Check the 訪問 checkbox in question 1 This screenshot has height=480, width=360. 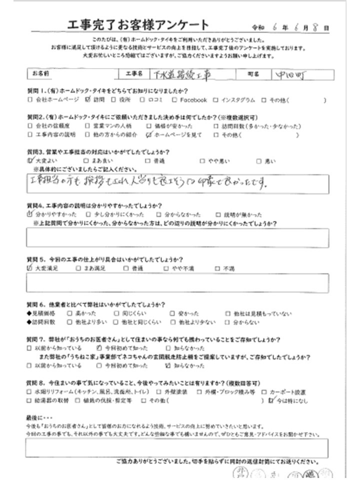(89, 100)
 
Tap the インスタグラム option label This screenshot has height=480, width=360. (237, 100)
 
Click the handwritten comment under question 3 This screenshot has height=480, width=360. (150, 182)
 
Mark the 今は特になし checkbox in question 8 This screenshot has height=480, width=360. (271, 400)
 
